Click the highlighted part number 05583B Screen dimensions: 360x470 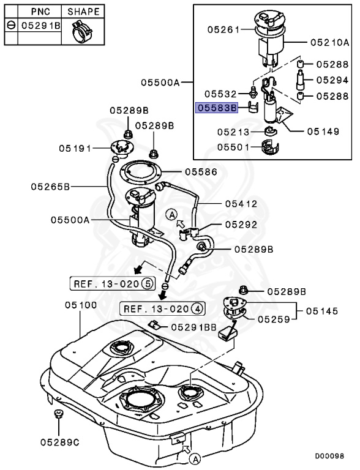(x=217, y=108)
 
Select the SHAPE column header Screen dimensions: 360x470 (x=83, y=12)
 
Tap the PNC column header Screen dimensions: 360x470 (x=40, y=12)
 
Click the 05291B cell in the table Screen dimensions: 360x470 (x=40, y=26)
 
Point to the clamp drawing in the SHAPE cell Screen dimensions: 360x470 (x=81, y=31)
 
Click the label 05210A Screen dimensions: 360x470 (x=330, y=42)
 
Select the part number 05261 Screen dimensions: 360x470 (x=224, y=29)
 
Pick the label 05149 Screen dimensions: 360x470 (x=323, y=132)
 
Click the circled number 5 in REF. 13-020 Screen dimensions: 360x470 (x=148, y=283)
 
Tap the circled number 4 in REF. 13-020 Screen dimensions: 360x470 (x=197, y=308)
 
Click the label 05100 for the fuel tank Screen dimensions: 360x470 (x=81, y=305)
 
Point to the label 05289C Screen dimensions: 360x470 (x=60, y=442)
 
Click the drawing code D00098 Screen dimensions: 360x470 (x=329, y=456)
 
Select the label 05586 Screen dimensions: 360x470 (x=201, y=172)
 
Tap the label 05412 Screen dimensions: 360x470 (x=241, y=204)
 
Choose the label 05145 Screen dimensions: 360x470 (x=322, y=311)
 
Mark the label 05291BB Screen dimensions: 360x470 (x=194, y=327)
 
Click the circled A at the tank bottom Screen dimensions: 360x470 (x=195, y=459)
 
